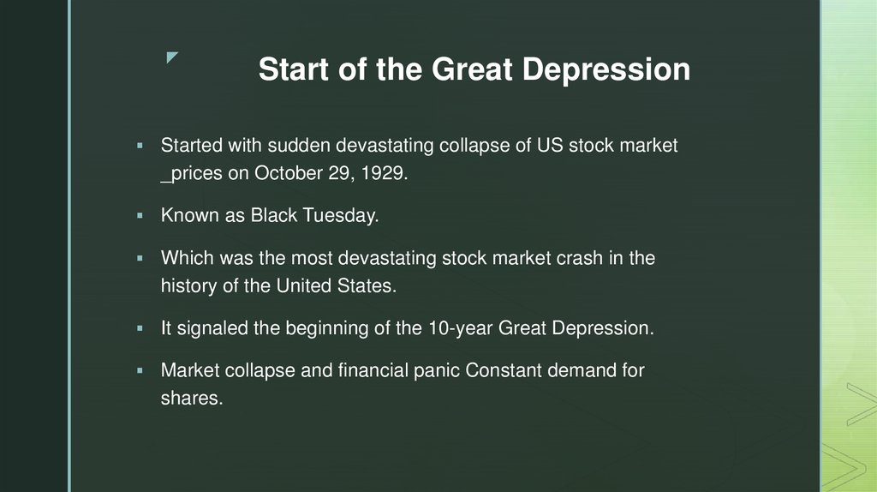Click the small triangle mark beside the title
pos(172,58)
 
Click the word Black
pos(272,215)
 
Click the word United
pos(305,285)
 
